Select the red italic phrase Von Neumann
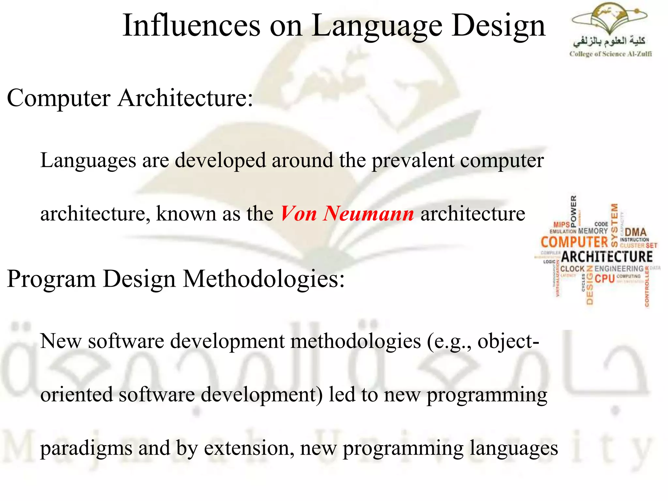347,214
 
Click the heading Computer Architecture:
130,98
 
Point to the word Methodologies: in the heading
264,279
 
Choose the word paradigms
86,448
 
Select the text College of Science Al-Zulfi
610,54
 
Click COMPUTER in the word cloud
574,242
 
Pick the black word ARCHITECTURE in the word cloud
607,257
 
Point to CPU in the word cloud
605,279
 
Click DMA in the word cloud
636,232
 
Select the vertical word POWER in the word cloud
573,210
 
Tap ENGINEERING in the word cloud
619,269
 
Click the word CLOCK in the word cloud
572,269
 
